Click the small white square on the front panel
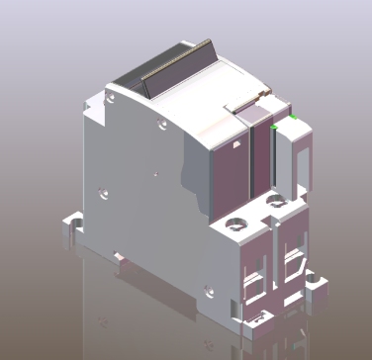236,144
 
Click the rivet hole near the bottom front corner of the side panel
206,290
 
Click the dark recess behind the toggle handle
129,84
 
